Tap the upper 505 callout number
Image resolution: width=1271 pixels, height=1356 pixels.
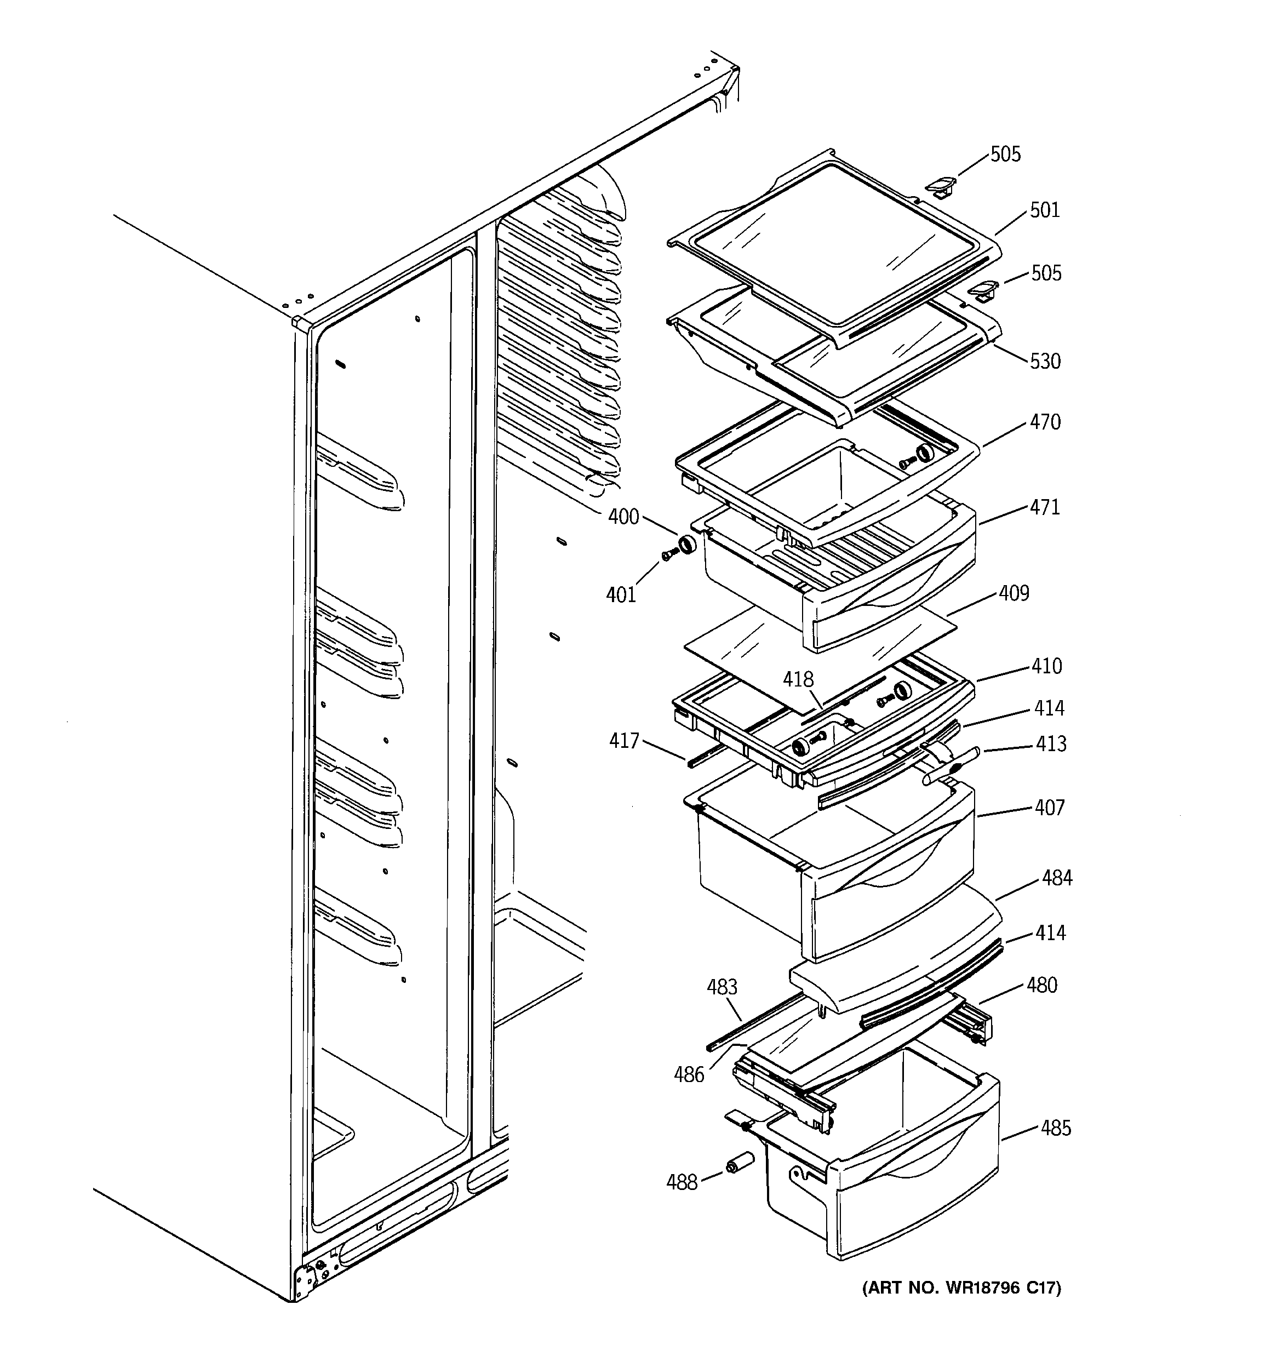coord(1006,155)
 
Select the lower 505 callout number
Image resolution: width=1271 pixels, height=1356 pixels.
coord(1046,273)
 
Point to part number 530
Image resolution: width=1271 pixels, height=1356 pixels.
coord(1045,361)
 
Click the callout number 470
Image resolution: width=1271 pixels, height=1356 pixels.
coord(1045,422)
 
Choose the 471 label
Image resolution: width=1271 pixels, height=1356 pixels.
coord(1045,507)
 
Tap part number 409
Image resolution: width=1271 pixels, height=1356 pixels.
coord(1014,593)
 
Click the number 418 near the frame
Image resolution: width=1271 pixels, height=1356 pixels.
coord(798,679)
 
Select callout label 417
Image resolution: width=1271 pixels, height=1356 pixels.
coord(624,741)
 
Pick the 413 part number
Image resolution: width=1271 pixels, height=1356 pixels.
coord(1051,744)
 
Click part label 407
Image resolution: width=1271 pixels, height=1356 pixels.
coord(1049,808)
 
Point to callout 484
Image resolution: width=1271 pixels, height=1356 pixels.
coord(1057,879)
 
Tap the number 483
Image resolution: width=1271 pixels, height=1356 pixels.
coord(722,987)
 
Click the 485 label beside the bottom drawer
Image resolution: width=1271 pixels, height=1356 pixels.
coord(1055,1129)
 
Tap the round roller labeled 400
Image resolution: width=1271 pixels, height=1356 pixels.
coord(686,544)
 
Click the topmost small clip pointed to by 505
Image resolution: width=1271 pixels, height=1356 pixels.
coord(940,186)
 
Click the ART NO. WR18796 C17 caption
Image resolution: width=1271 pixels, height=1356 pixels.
coord(962,1288)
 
